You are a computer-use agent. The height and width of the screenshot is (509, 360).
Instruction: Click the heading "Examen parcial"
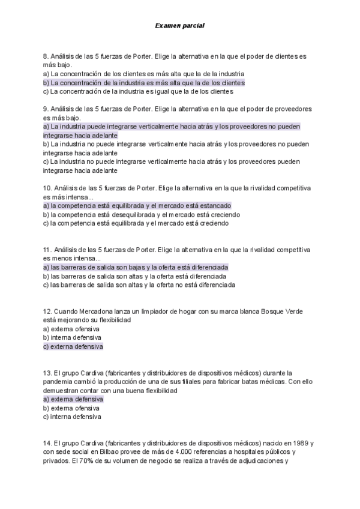(179, 26)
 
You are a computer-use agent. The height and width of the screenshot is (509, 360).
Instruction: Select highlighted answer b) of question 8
(144, 83)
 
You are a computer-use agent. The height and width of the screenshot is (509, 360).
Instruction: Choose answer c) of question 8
(138, 92)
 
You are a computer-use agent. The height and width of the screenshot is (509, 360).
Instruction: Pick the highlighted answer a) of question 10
(137, 205)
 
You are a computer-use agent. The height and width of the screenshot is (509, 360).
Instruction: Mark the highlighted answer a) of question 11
(136, 267)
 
